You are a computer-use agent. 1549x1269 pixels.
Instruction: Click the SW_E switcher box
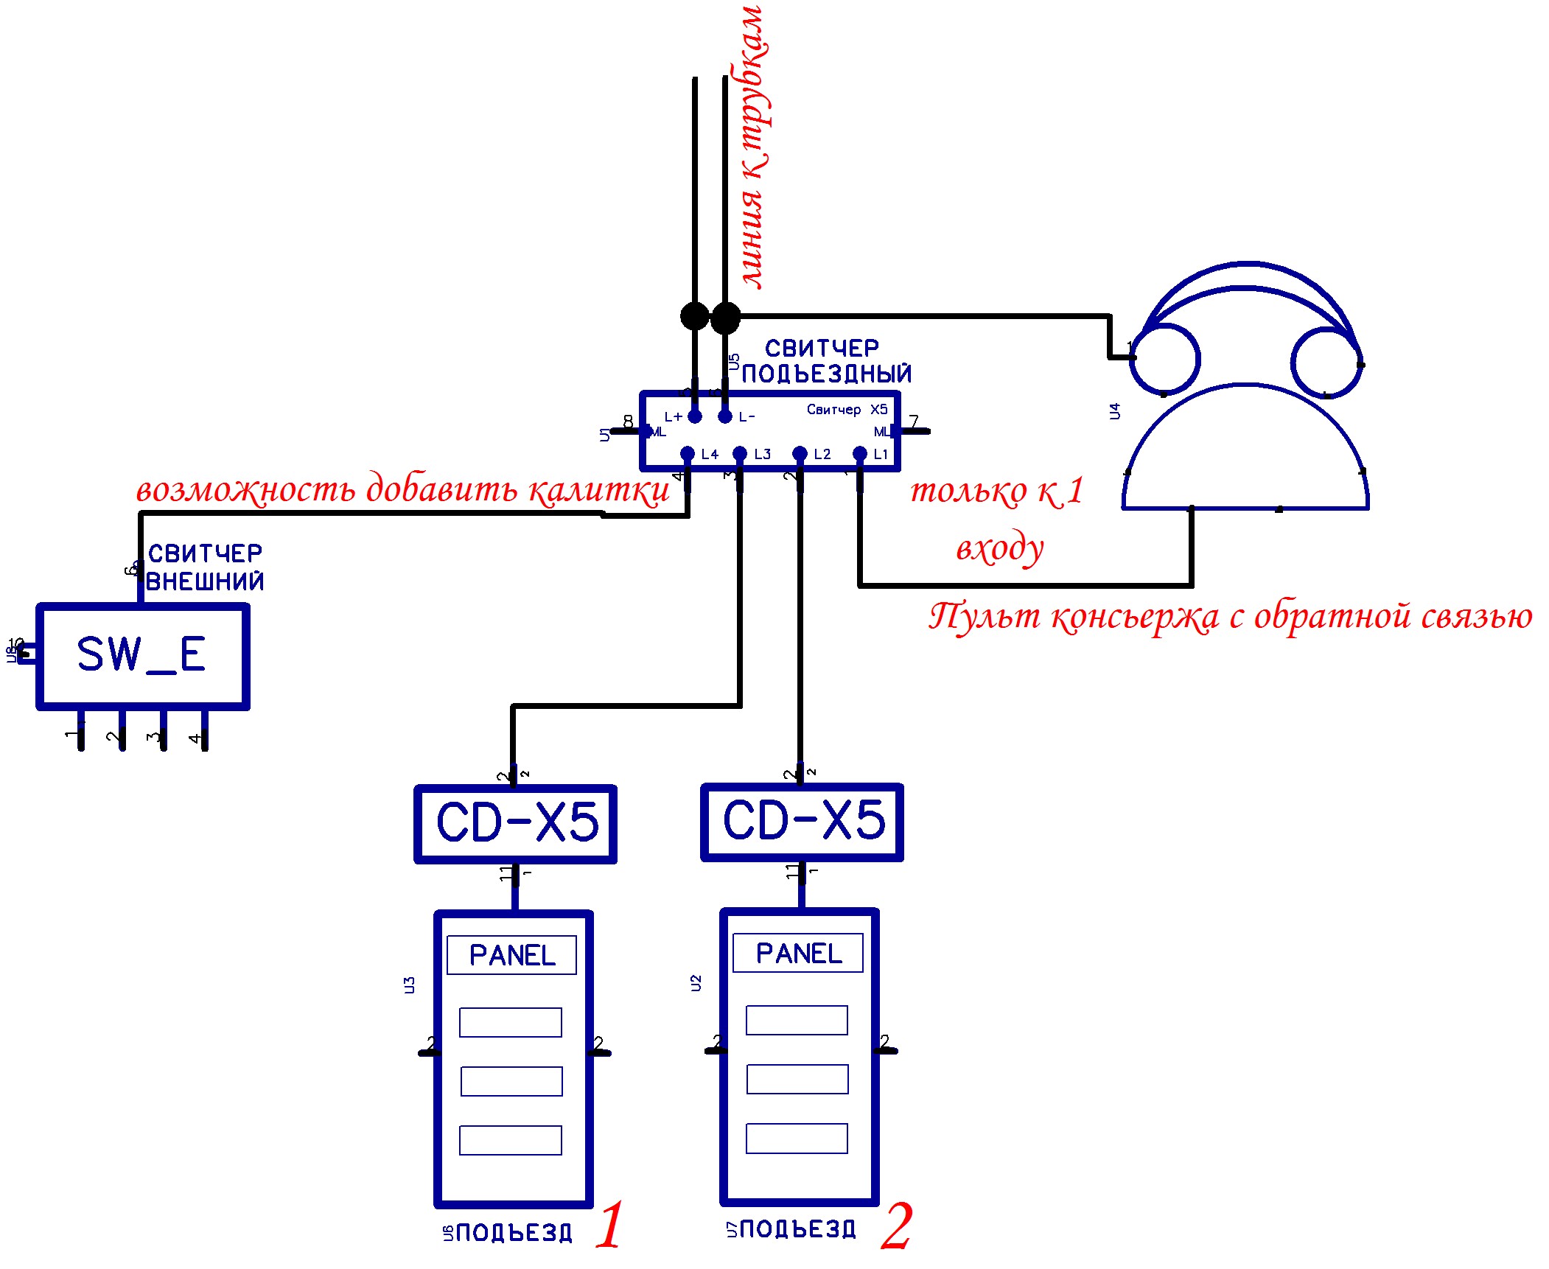point(142,656)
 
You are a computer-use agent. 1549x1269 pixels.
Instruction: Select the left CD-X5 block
point(515,823)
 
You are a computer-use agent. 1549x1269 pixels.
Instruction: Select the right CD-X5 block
point(802,821)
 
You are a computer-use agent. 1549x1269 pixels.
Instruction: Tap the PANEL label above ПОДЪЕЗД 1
point(512,955)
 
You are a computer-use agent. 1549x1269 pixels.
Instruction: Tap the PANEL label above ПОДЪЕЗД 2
point(798,953)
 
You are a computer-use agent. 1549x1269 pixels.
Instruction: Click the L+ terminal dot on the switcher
point(695,416)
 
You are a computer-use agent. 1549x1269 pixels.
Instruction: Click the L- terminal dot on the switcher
point(725,416)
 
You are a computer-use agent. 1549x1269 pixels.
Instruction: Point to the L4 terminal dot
point(688,453)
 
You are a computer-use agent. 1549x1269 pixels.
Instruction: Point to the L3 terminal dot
point(740,453)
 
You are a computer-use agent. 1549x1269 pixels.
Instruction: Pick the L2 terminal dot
point(800,453)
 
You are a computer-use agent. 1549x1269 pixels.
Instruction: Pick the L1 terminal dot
point(859,453)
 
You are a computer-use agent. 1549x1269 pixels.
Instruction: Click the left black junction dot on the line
point(694,316)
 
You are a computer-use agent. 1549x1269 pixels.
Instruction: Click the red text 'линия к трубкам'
point(753,147)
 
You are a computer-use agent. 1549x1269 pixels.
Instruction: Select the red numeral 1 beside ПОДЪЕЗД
point(610,1227)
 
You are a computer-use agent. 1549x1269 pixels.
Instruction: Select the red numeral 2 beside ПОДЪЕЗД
point(896,1227)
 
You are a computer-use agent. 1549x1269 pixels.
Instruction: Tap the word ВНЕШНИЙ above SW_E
point(205,582)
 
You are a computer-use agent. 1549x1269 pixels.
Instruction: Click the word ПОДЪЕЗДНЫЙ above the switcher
point(826,374)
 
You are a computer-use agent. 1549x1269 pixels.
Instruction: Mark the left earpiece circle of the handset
point(1165,360)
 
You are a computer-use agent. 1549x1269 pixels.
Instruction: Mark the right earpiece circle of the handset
point(1326,362)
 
